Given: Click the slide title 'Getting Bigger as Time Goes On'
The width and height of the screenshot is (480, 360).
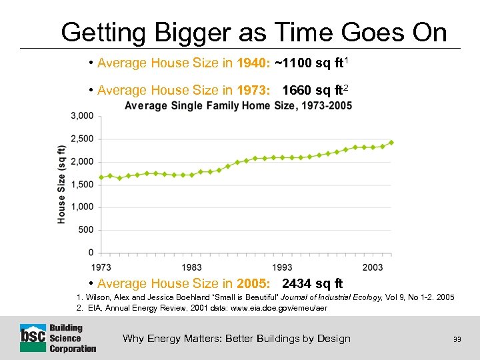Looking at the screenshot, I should tap(253, 31).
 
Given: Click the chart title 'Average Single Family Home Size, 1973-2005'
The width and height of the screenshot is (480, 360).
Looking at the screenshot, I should tap(238, 106).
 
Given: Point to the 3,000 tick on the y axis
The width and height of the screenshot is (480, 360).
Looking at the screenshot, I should tap(82, 116).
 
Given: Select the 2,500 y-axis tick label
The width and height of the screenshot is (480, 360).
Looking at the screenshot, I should tap(82, 139).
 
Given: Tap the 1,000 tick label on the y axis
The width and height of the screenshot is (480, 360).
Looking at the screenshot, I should tap(82, 207).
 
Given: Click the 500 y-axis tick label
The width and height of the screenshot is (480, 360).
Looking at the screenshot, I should tap(86, 230).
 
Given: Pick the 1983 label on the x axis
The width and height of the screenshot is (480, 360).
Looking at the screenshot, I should tap(191, 267).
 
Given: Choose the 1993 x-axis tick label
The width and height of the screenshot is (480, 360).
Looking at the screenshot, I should tap(282, 267).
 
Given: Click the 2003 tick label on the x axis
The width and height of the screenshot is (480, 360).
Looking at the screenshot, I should tap(373, 267).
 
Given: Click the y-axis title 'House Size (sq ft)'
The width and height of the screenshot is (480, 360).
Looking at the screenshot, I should tap(61, 184).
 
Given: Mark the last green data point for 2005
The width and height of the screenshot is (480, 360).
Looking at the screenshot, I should tap(391, 142).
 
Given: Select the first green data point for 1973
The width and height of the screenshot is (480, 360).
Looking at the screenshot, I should tap(101, 177).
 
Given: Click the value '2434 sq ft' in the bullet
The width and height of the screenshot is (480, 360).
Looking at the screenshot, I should tap(313, 283).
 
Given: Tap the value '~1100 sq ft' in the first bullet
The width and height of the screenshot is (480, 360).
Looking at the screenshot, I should tap(311, 63).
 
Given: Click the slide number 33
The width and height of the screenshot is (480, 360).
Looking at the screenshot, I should tap(457, 339).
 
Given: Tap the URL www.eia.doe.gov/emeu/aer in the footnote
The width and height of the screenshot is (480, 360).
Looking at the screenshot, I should tap(277, 308).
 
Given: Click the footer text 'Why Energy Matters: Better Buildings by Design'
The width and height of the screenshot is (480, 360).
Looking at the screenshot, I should tap(237, 339).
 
